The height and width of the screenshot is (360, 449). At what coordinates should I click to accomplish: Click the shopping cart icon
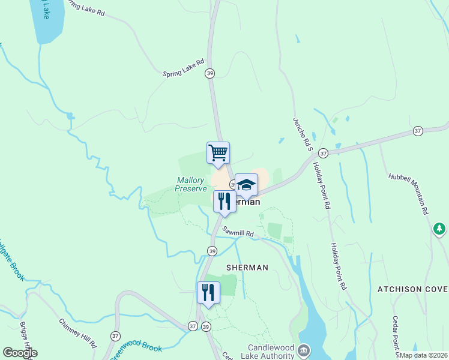(218, 152)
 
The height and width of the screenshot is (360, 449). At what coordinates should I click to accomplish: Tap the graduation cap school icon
(246, 184)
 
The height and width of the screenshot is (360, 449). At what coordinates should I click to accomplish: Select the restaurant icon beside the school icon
(224, 201)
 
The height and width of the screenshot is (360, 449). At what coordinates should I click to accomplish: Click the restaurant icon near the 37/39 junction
(208, 292)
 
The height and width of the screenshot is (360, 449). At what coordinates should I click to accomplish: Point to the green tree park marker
(440, 229)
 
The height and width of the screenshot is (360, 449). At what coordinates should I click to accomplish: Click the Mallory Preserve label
(190, 184)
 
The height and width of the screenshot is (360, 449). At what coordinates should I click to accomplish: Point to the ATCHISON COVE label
(412, 289)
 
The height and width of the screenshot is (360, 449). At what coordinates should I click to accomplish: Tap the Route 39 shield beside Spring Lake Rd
(209, 73)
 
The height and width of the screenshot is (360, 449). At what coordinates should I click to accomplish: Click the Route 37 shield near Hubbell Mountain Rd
(418, 131)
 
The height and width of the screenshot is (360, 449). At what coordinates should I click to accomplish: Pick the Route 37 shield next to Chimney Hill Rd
(115, 336)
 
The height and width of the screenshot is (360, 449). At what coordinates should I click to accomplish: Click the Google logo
(20, 353)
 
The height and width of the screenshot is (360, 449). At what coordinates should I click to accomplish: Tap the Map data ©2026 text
(424, 355)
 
